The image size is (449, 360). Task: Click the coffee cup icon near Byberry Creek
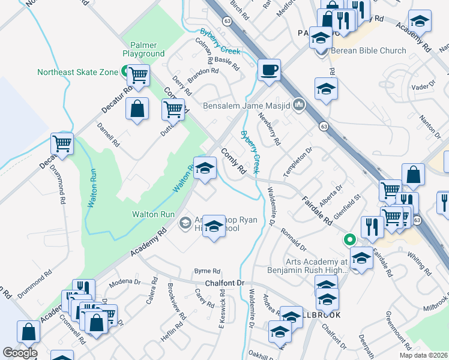(269, 70)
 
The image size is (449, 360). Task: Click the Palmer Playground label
(143, 49)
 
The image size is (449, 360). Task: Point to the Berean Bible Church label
(368, 50)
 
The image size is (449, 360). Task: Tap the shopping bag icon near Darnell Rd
(137, 109)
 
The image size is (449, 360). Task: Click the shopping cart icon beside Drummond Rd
(62, 143)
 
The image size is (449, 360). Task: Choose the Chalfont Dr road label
(225, 283)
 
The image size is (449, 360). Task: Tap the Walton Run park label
(154, 214)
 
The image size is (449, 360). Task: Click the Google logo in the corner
(20, 352)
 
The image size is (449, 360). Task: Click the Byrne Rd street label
(207, 271)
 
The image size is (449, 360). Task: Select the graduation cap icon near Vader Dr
(420, 21)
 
